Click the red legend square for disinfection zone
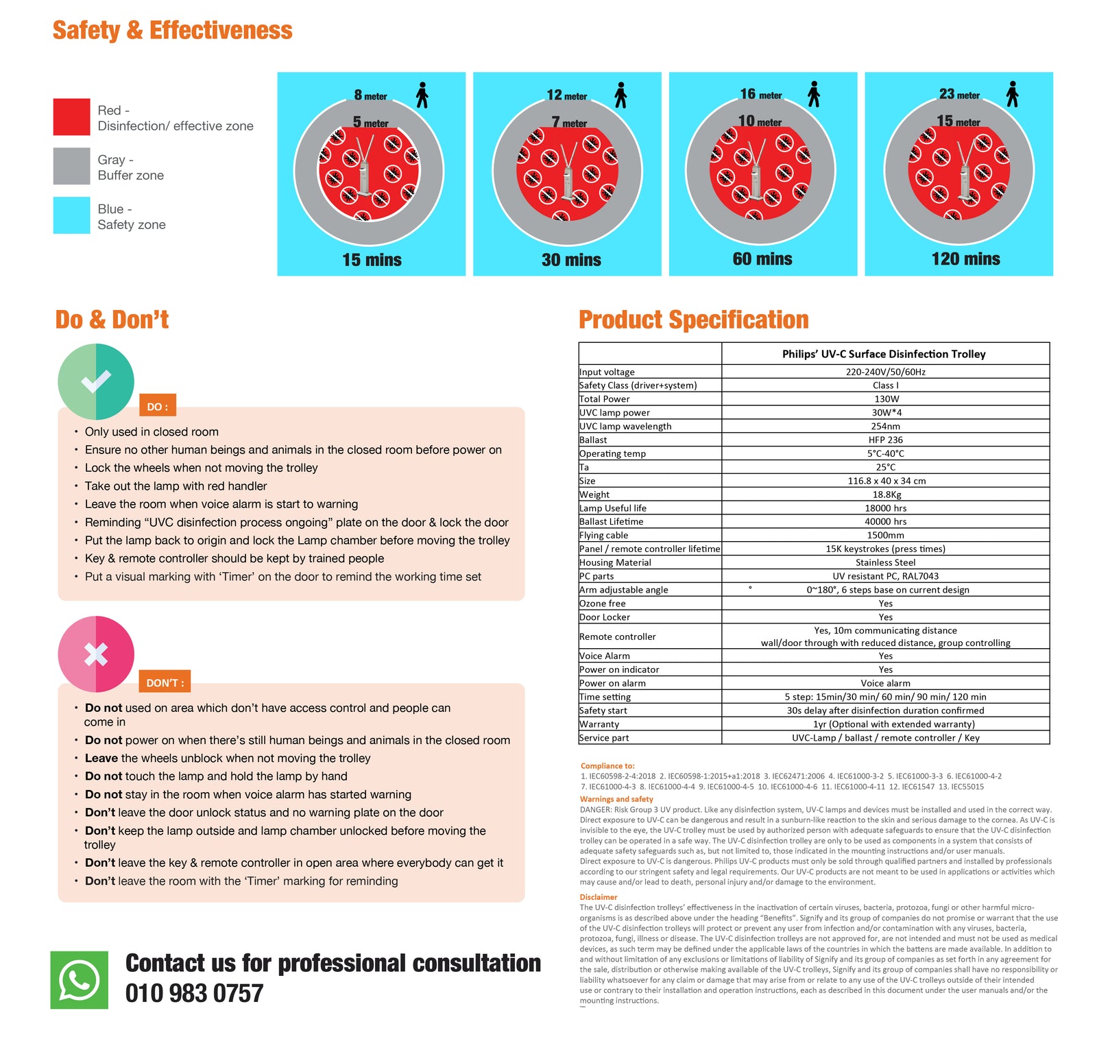pyautogui.click(x=71, y=117)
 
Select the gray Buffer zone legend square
pyautogui.click(x=71, y=167)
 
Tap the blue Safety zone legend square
pyautogui.click(x=71, y=215)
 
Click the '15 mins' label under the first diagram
pyautogui.click(x=372, y=260)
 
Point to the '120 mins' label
pyautogui.click(x=965, y=259)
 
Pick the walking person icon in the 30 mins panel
pyautogui.click(x=620, y=95)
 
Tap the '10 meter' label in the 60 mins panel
pyautogui.click(x=760, y=121)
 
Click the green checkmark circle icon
pyautogui.click(x=96, y=381)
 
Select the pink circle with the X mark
pyautogui.click(x=96, y=654)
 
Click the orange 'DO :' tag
pyautogui.click(x=158, y=407)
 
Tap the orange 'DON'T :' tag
pyautogui.click(x=165, y=683)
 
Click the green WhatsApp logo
pyautogui.click(x=79, y=980)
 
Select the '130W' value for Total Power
pyautogui.click(x=886, y=399)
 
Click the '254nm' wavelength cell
pyautogui.click(x=886, y=427)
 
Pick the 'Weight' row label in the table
pyautogui.click(x=594, y=494)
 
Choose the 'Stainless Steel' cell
pyautogui.click(x=886, y=562)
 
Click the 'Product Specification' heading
pyautogui.click(x=693, y=320)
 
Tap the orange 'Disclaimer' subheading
pyautogui.click(x=599, y=897)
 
